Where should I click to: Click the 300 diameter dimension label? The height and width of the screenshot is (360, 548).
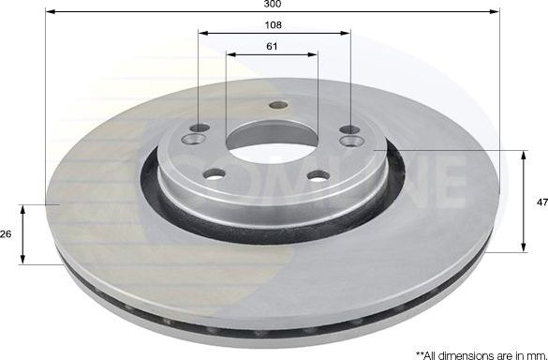(274, 5)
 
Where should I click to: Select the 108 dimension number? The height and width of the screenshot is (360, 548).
(274, 24)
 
